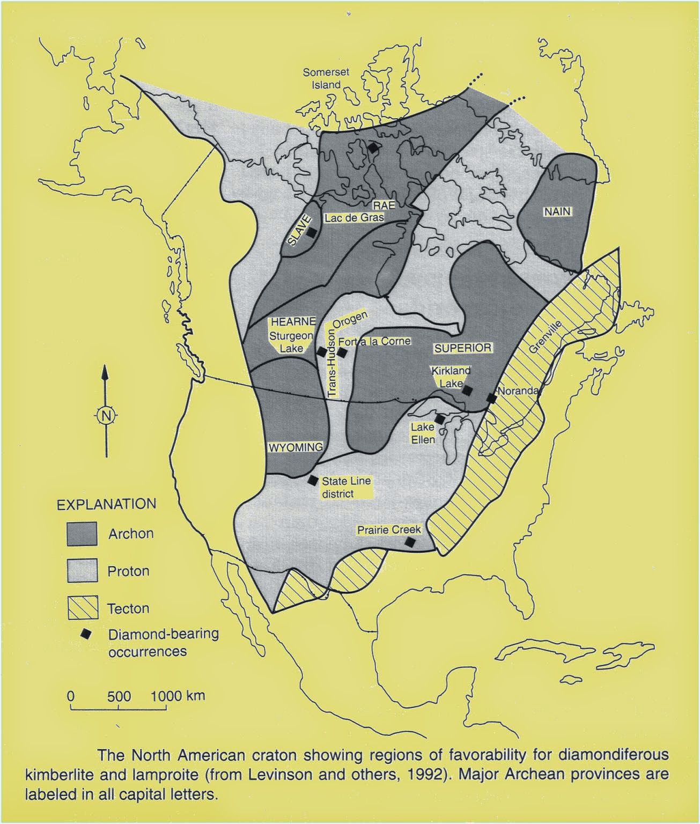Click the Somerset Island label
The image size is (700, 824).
pyautogui.click(x=326, y=78)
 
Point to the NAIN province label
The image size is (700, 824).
pyautogui.click(x=557, y=212)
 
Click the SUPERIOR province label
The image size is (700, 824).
pyautogui.click(x=462, y=348)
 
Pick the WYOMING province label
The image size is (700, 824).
pyautogui.click(x=296, y=447)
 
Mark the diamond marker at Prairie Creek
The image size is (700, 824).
pyautogui.click(x=410, y=542)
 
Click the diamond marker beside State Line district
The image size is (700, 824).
pyautogui.click(x=313, y=480)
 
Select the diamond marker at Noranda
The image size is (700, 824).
pyautogui.click(x=491, y=398)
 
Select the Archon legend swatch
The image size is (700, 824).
pyautogui.click(x=82, y=534)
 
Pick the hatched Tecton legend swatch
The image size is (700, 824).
pyautogui.click(x=82, y=608)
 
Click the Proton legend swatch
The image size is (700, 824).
pyautogui.click(x=82, y=570)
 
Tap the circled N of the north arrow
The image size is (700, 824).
pyautogui.click(x=105, y=415)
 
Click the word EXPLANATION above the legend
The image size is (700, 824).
pyautogui.click(x=107, y=504)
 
